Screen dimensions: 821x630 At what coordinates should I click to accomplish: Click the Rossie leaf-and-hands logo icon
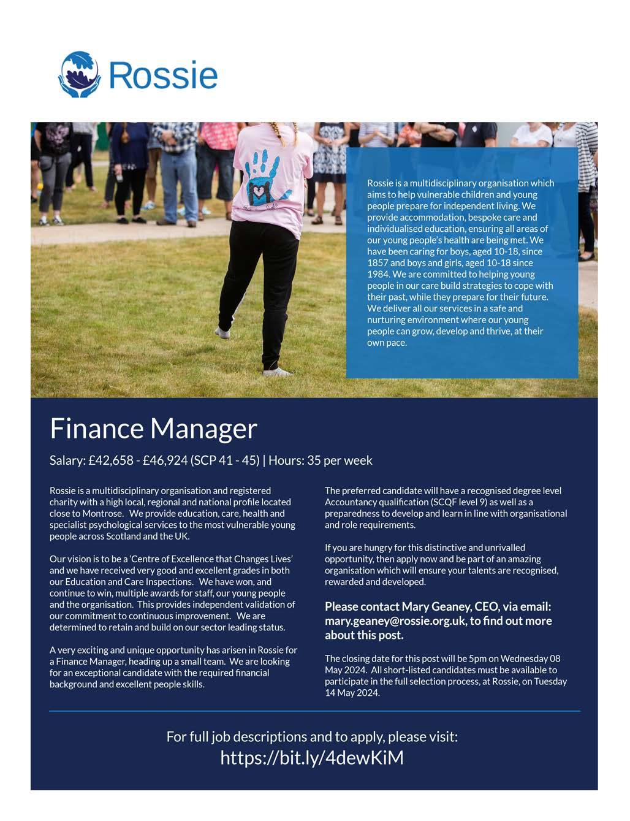79,74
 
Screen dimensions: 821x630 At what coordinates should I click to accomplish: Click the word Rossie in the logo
163,75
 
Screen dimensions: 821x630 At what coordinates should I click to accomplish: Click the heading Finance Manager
153,428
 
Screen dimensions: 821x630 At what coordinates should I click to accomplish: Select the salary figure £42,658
110,460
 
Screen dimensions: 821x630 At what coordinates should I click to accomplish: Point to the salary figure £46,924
165,460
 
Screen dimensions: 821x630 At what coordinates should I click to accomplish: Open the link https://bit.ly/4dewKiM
312,758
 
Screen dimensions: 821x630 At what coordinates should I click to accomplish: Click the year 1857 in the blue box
378,262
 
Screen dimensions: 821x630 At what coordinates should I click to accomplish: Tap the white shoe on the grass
278,372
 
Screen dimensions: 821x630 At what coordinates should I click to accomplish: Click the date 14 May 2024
352,693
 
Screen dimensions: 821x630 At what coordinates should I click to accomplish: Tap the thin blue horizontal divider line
314,711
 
